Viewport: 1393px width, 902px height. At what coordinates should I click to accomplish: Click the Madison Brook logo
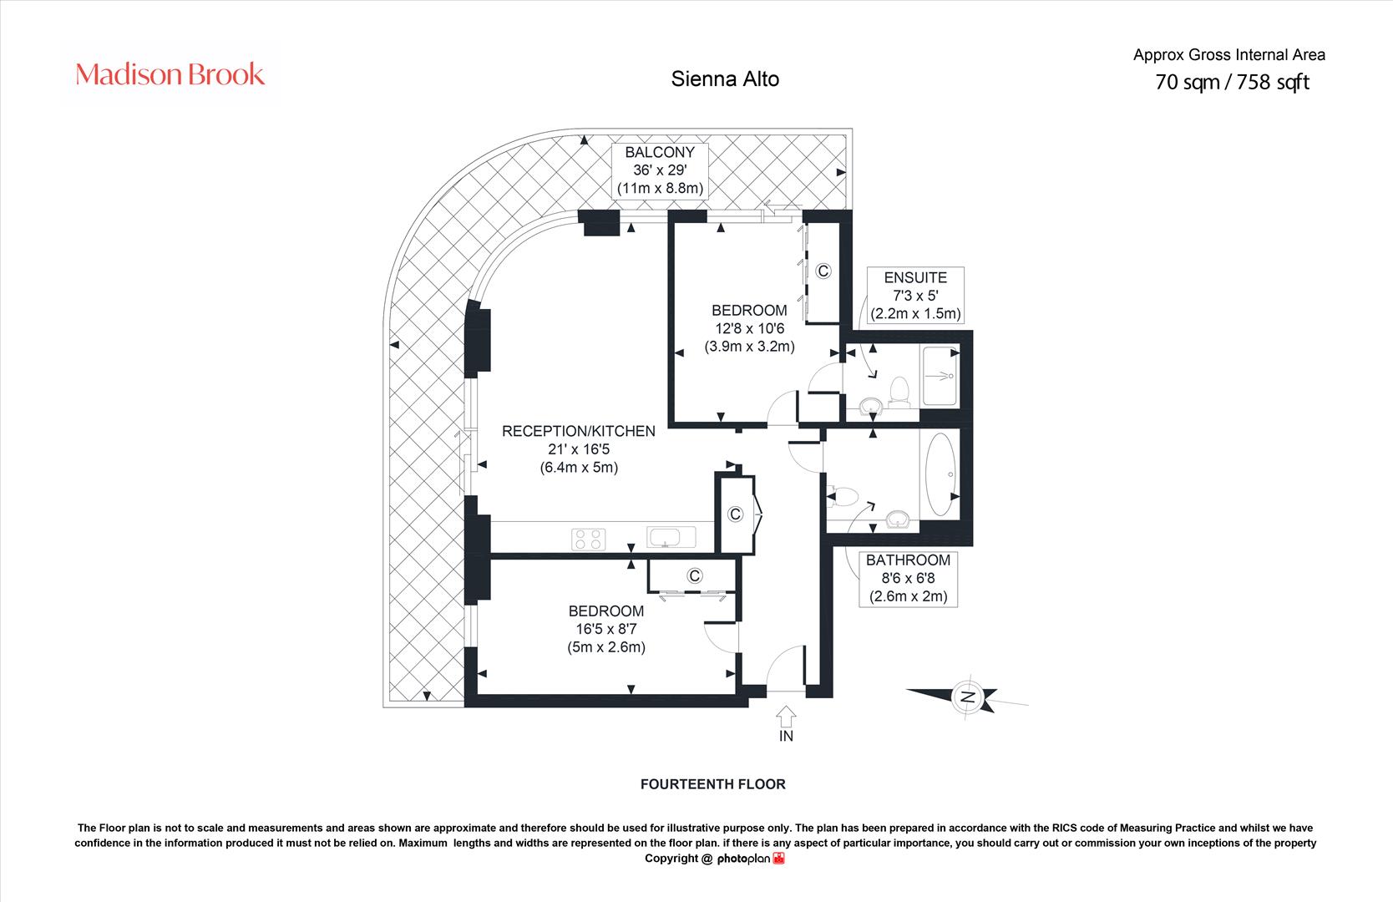[170, 74]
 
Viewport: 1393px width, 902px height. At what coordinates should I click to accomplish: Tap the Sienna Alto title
[725, 79]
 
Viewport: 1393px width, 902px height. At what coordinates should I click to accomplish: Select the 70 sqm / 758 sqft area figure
[1232, 82]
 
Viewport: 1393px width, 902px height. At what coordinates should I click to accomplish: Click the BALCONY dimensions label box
[660, 170]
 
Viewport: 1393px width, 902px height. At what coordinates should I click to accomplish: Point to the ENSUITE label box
[915, 296]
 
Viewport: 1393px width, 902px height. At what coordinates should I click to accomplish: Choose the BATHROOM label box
[908, 579]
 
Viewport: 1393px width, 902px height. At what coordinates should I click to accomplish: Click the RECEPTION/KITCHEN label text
[579, 431]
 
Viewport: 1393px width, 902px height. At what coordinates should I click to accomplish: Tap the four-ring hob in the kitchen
[588, 539]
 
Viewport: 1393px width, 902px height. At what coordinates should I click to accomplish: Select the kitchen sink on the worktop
[671, 537]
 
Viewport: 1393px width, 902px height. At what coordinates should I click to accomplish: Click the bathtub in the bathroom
[940, 474]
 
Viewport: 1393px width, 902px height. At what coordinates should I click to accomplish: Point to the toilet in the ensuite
[899, 393]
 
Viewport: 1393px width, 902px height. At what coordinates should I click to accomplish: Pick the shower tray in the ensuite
[940, 377]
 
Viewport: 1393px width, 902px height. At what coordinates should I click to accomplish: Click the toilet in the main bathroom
[843, 496]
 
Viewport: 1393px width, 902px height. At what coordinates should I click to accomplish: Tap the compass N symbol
[967, 696]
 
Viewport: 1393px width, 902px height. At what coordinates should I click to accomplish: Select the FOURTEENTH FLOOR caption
[712, 783]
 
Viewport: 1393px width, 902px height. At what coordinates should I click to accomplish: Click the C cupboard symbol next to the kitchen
[735, 514]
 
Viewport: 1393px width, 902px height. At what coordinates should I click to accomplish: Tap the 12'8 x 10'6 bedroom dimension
[749, 328]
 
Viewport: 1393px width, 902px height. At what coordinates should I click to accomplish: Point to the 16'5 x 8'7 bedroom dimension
[605, 629]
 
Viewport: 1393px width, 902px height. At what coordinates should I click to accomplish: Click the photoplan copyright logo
[751, 859]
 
